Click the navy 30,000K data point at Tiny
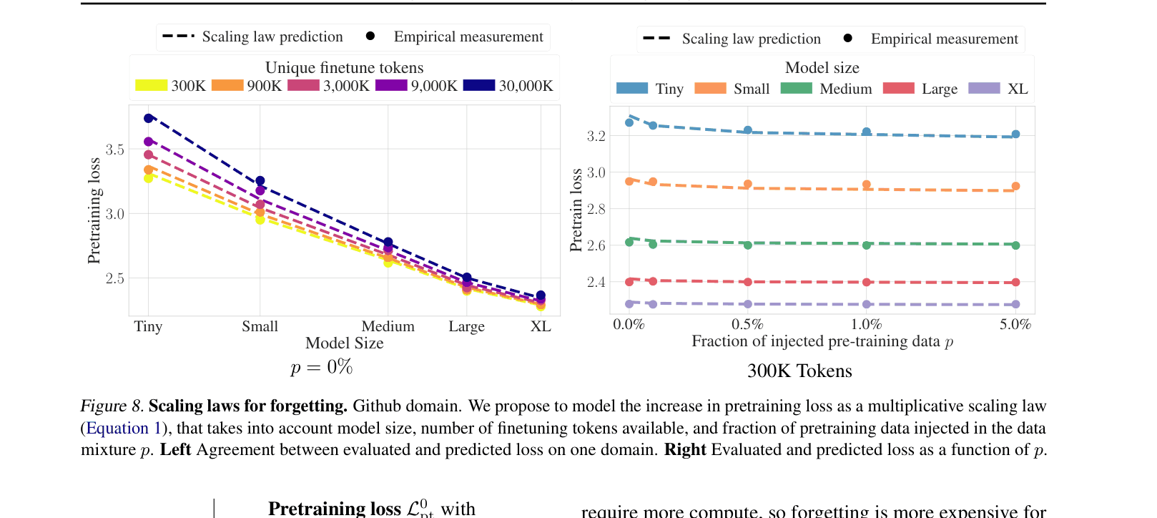[149, 118]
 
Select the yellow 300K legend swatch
[151, 86]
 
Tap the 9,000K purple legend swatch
[391, 86]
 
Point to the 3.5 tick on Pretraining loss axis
[114, 150]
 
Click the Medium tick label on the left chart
[388, 326]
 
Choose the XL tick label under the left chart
[541, 326]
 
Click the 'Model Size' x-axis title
[344, 343]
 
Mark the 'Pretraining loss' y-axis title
[94, 210]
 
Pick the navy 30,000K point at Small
[260, 181]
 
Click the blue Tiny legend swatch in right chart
[632, 88]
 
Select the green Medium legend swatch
[796, 88]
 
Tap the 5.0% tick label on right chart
[1015, 324]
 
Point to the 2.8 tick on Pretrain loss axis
[596, 209]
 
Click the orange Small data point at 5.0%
[1015, 186]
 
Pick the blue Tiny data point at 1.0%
[867, 132]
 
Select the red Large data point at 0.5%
[748, 282]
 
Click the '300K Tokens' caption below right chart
[799, 371]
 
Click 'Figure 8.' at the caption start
[112, 406]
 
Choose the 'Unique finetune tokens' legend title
[344, 68]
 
